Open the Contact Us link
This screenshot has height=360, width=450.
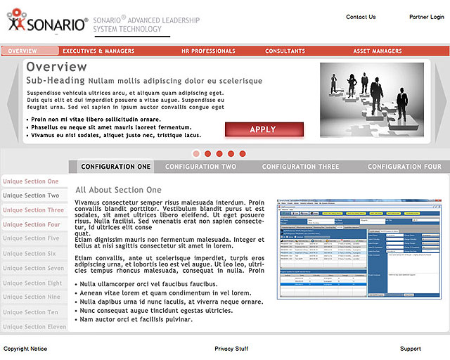pos(361,17)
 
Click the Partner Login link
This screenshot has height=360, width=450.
pos(427,17)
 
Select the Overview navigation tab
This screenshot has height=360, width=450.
pos(23,51)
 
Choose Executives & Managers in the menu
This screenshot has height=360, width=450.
pos(98,51)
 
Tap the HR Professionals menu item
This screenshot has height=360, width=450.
pos(208,51)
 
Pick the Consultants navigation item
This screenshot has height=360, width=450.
pos(285,51)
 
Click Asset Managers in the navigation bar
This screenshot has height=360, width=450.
pos(378,51)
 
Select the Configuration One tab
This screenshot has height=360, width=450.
pos(115,167)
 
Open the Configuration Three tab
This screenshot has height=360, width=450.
pos(300,167)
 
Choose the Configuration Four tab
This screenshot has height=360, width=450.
pos(404,167)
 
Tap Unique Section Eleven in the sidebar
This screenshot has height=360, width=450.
pos(34,327)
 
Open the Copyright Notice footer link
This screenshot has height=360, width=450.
pos(25,349)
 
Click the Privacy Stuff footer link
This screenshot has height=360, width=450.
pos(231,349)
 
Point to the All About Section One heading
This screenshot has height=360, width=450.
pos(118,190)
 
